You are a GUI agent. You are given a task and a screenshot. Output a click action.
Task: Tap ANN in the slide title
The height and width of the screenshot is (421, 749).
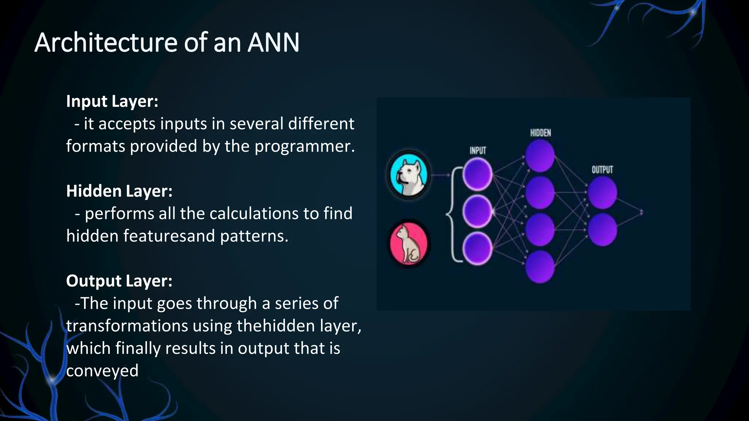coord(274,43)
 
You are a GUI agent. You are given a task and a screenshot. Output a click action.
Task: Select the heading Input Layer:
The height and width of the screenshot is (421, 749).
coord(112,101)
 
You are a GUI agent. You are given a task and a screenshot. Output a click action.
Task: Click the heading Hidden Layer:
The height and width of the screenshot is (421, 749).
coord(119,191)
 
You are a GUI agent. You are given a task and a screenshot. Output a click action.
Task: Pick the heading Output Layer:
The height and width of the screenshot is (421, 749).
coord(119,281)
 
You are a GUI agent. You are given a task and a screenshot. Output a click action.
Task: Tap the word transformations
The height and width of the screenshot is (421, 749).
coord(127,326)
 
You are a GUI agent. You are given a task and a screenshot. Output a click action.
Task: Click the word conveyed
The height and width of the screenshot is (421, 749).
coord(102,371)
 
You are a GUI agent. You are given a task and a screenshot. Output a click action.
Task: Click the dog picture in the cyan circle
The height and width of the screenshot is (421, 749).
coord(409,175)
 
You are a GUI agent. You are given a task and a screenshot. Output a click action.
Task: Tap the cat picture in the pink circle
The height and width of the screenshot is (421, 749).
coord(409,243)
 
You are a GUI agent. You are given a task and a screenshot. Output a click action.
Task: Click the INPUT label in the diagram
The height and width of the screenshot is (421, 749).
coord(478,151)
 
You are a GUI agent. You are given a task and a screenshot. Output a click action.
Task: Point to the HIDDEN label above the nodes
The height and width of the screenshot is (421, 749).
coord(540,133)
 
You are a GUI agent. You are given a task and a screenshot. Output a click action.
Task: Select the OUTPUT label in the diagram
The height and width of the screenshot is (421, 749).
coord(602,170)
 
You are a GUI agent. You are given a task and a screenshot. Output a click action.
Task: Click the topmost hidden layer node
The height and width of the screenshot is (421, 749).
coord(540,156)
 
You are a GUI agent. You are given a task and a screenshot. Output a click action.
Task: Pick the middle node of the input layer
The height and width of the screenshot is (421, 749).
coord(477,212)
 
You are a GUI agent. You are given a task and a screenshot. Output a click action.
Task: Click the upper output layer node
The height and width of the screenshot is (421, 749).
coord(602,193)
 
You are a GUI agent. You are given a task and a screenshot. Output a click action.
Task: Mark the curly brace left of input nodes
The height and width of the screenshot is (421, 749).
coord(452,215)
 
